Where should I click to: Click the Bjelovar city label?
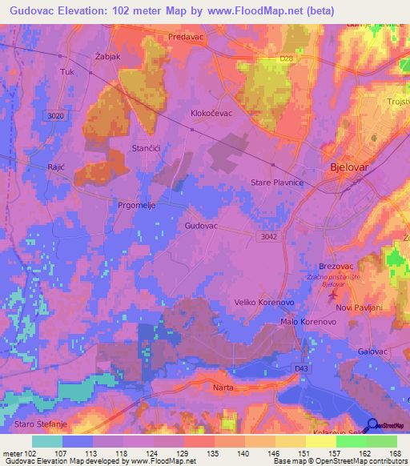pos(353,168)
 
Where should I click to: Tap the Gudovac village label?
pos(201,227)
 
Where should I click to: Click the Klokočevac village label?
pos(211,114)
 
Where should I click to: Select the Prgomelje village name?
pos(139,204)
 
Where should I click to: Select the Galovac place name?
pos(373,352)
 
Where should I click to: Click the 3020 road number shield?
pos(54,116)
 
